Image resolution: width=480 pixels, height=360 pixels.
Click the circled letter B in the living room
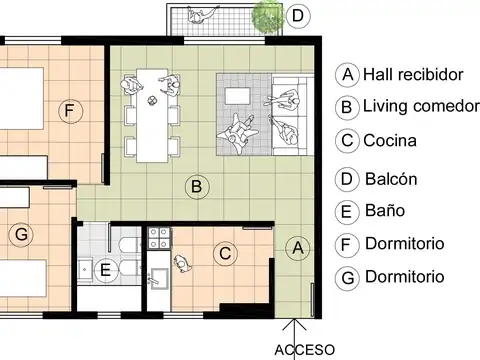point(197,187)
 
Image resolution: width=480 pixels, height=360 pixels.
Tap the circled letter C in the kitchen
point(225,253)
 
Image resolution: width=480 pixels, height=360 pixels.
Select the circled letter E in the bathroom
point(106,270)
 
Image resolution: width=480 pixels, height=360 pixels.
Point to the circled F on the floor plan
point(70,111)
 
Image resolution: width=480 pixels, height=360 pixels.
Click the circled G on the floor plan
point(21,234)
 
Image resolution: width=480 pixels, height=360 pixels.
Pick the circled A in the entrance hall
point(298,248)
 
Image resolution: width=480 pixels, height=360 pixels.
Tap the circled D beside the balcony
point(298,16)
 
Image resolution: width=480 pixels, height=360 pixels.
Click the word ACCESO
point(305,350)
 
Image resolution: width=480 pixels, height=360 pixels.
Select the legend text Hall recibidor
point(413,74)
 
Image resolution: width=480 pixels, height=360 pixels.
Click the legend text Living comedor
point(421,106)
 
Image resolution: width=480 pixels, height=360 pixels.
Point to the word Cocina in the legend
point(390,141)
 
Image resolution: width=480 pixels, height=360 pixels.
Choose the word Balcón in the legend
point(391,179)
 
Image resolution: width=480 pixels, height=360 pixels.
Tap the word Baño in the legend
point(385,210)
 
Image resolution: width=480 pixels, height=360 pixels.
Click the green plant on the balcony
point(268,17)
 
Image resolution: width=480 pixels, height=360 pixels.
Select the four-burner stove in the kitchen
point(159,238)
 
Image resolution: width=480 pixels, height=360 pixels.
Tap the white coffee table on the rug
point(237,96)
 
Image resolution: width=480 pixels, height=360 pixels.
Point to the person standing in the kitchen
point(182,264)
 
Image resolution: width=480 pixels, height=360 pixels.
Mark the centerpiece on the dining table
point(152,100)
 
